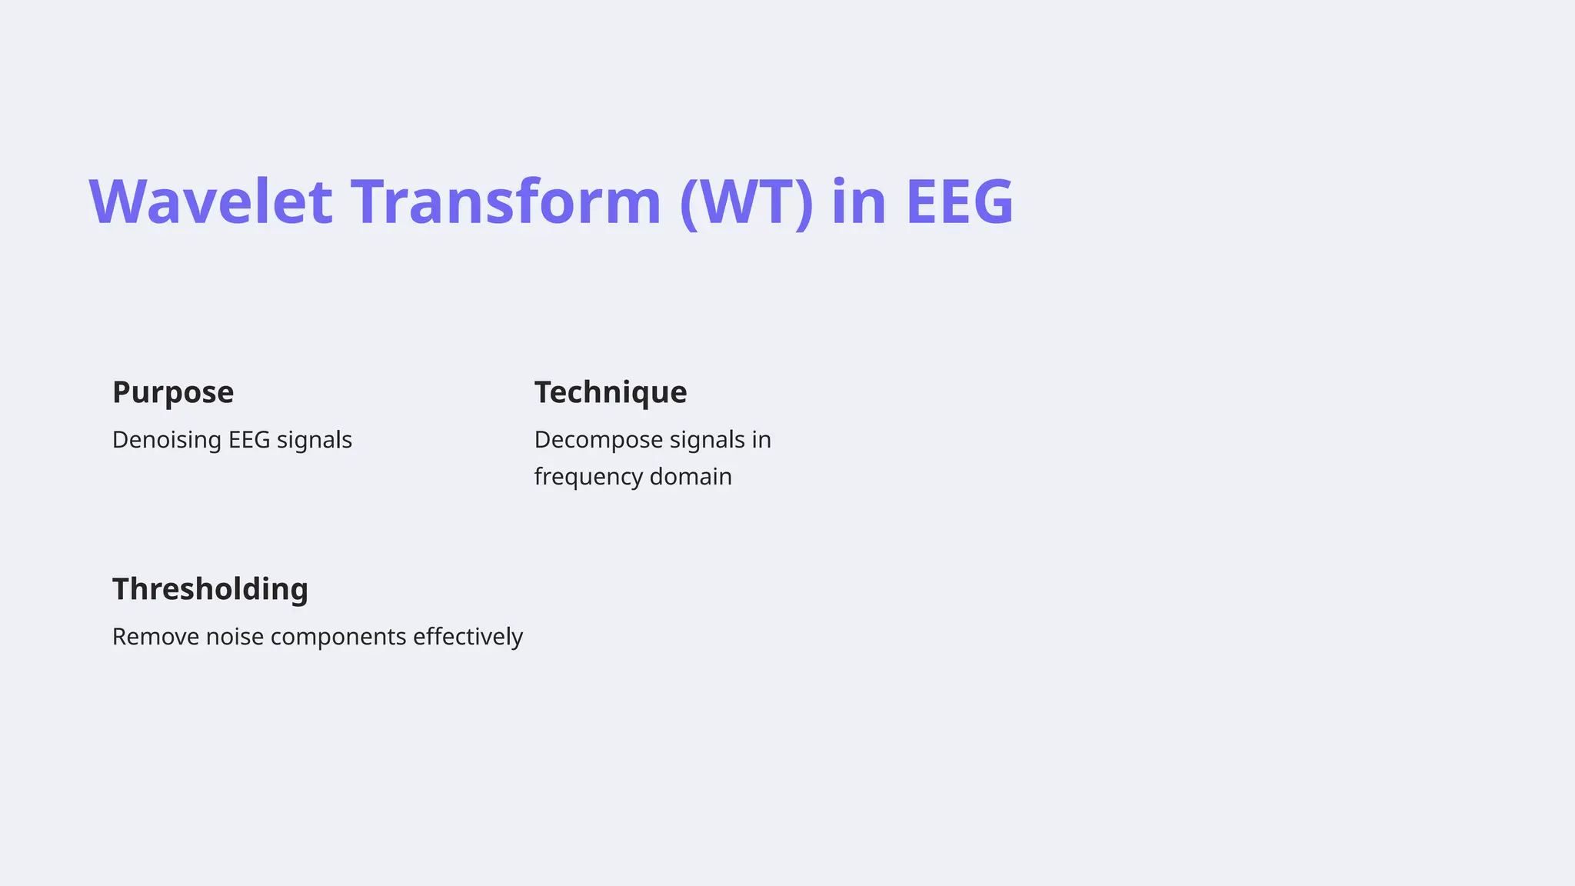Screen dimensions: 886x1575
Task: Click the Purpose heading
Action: pyautogui.click(x=173, y=392)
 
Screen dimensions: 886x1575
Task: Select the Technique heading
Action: pyautogui.click(x=611, y=392)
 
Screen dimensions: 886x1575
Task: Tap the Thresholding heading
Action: pyautogui.click(x=210, y=589)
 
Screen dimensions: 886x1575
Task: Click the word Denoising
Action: pyautogui.click(x=167, y=440)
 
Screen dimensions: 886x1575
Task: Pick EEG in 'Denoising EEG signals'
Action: pyautogui.click(x=249, y=440)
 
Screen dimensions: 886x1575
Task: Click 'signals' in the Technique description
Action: pyautogui.click(x=707, y=441)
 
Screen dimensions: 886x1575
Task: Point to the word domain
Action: pyautogui.click(x=691, y=477)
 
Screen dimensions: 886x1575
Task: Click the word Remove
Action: pyautogui.click(x=155, y=637)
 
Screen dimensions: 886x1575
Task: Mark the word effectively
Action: pyautogui.click(x=468, y=637)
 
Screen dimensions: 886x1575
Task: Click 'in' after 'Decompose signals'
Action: pyautogui.click(x=761, y=440)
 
